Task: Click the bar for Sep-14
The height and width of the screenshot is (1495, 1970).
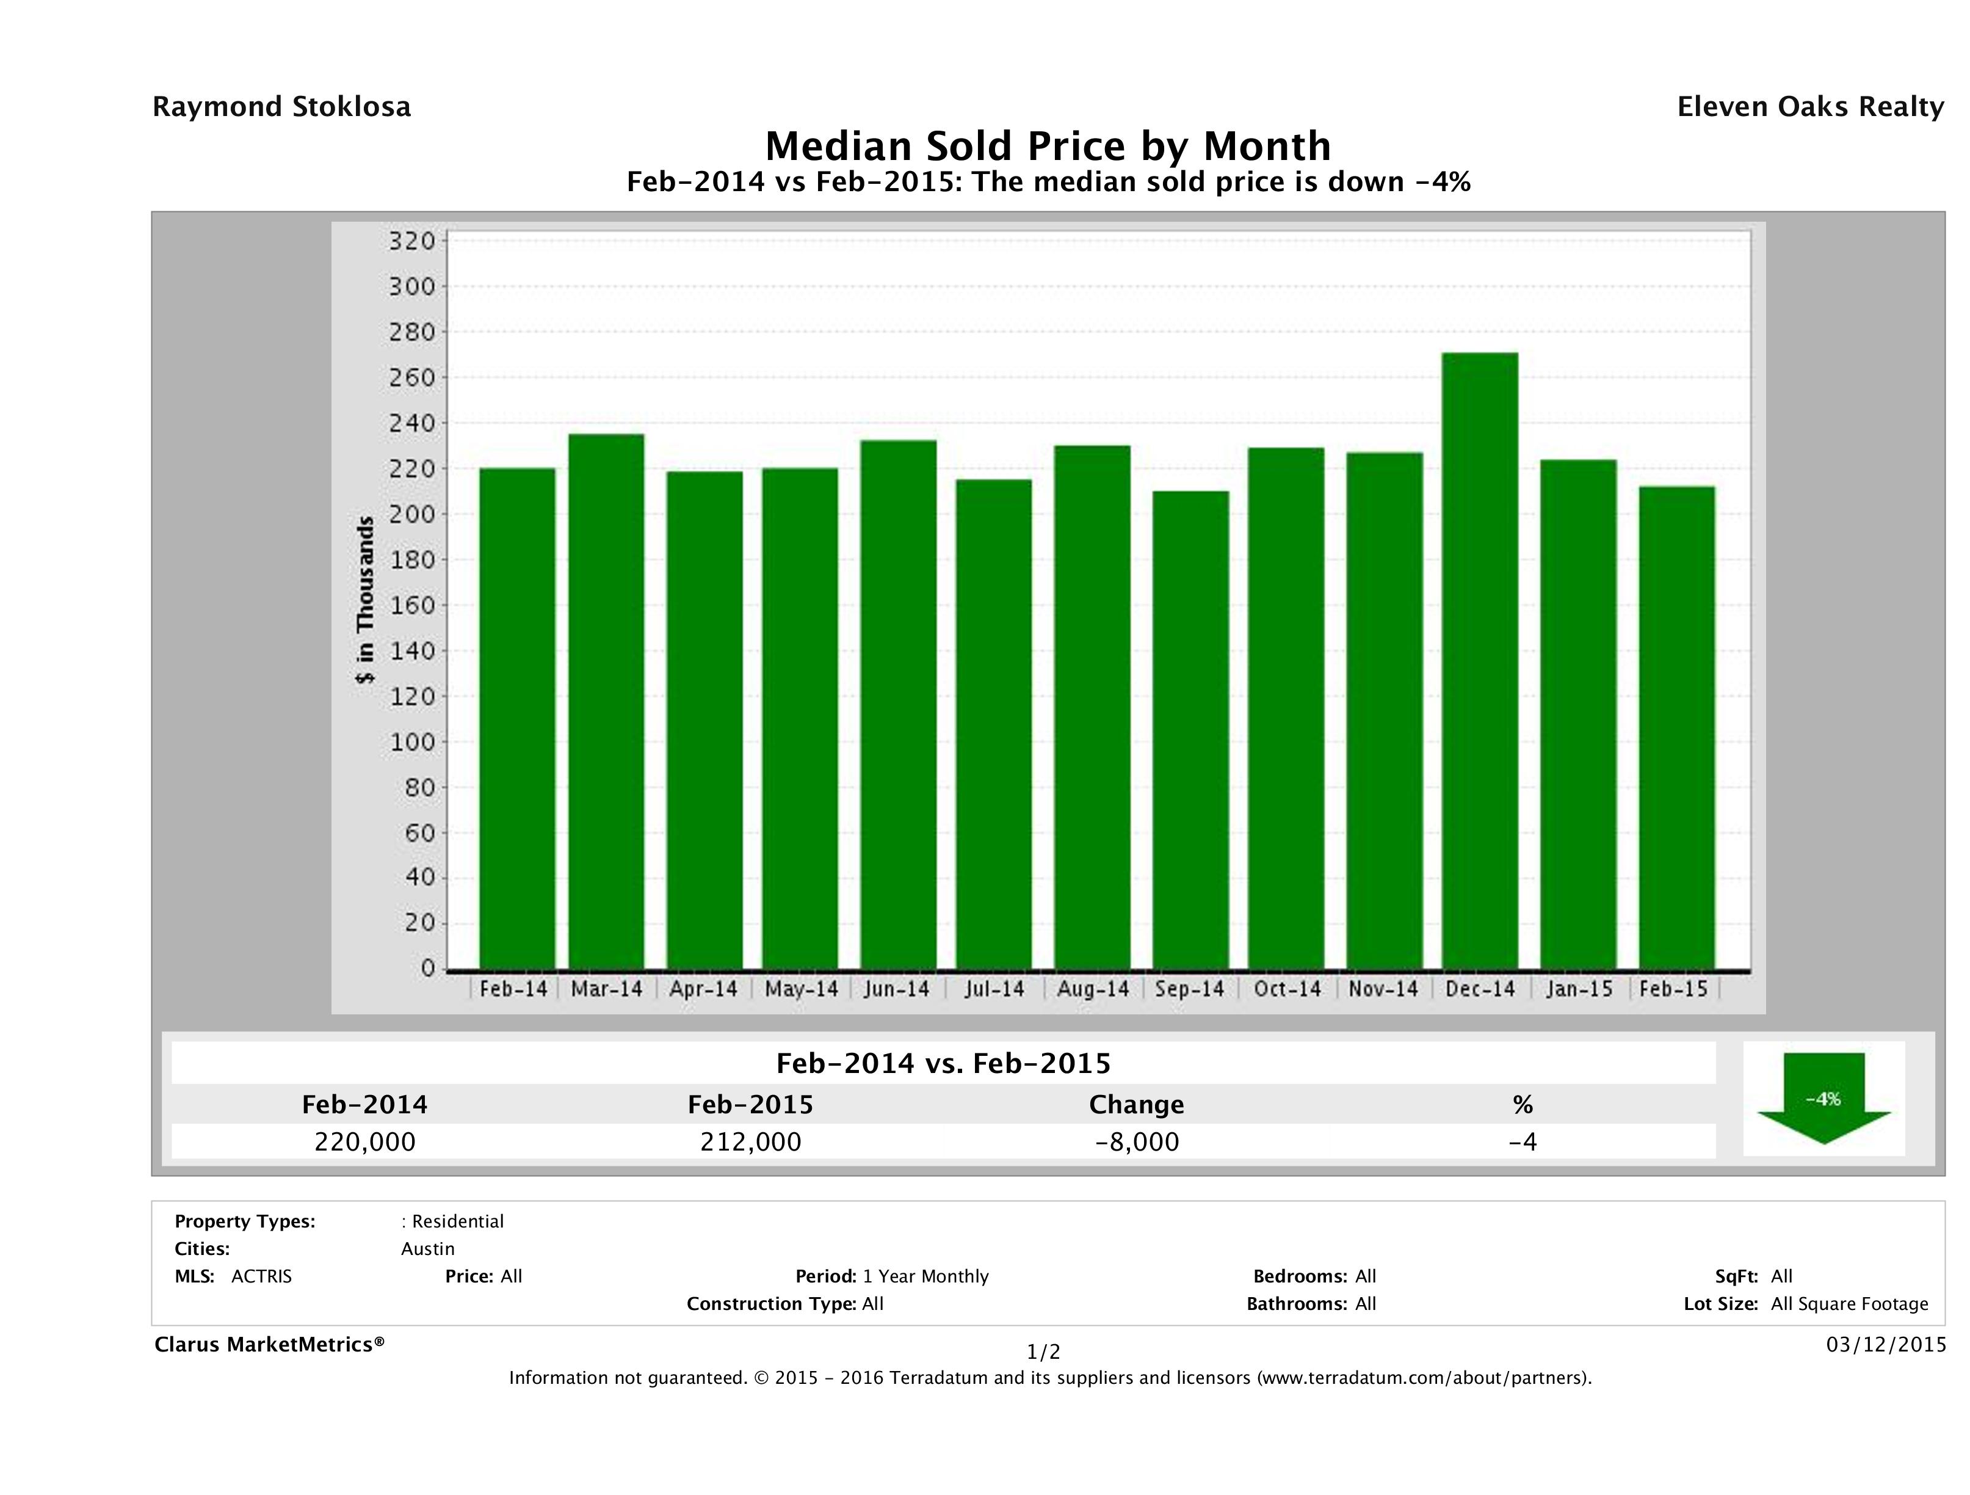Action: click(1190, 730)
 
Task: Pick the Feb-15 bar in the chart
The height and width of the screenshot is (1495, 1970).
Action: click(1676, 728)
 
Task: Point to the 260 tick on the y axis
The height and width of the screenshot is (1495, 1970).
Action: click(411, 378)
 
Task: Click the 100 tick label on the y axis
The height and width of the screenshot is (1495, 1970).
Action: click(411, 742)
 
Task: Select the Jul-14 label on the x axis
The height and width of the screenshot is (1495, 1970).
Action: click(994, 989)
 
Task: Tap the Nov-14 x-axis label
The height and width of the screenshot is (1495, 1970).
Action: click(1383, 989)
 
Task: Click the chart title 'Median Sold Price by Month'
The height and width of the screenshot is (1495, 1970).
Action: click(1048, 146)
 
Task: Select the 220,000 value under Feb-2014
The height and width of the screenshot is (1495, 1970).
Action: click(365, 1142)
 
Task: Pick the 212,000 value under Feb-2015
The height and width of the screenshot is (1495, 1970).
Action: click(751, 1142)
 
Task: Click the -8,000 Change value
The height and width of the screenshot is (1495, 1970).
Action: click(1137, 1142)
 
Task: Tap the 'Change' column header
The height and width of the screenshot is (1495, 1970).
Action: click(1137, 1105)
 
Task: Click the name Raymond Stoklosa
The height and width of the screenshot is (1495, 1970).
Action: click(281, 107)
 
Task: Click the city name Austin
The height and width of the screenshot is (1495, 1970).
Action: click(427, 1249)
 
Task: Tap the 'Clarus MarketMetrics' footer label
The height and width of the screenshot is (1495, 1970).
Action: click(270, 1344)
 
